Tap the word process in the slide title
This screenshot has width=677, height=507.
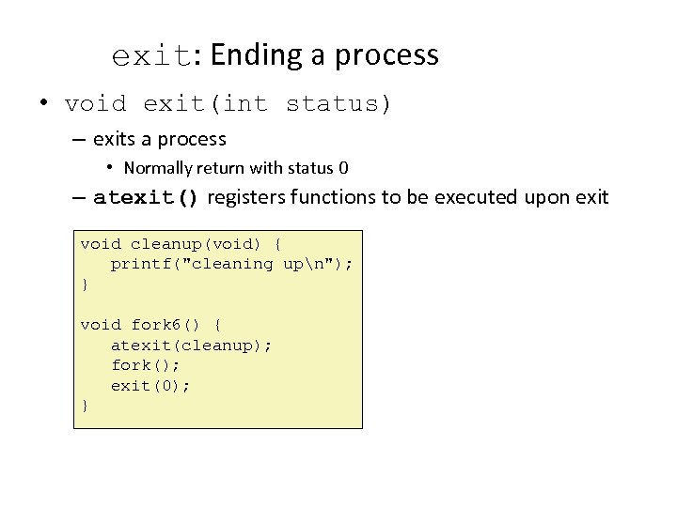click(388, 56)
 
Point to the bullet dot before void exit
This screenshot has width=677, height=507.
click(44, 102)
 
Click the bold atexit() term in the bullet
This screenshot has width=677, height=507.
click(147, 197)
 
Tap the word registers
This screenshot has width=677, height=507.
click(246, 197)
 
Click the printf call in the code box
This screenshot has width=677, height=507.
click(231, 264)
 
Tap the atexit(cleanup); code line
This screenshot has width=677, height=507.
click(192, 346)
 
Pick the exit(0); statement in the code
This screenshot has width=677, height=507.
click(150, 385)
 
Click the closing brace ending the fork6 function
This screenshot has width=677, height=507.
click(85, 406)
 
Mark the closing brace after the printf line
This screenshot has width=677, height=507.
click(85, 284)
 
